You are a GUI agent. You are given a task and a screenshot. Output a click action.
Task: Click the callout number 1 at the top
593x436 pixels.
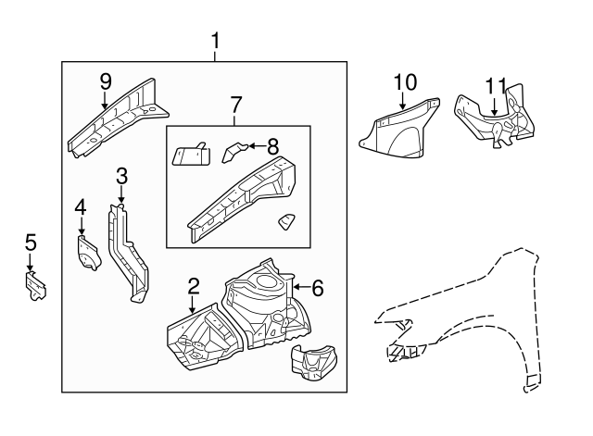215,41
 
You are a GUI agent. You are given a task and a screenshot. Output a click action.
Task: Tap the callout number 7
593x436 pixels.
235,105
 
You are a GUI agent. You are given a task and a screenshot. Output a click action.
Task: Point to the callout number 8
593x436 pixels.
272,144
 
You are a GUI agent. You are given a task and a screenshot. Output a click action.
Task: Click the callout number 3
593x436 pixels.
120,176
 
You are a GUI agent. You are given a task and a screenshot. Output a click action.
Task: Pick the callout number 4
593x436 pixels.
81,207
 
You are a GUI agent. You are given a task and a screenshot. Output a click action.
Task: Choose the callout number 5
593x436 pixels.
31,243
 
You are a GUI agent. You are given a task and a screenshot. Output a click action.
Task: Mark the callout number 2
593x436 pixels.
193,286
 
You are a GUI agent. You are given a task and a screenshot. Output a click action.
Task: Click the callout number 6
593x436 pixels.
317,288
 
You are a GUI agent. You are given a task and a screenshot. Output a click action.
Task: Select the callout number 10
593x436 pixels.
404,82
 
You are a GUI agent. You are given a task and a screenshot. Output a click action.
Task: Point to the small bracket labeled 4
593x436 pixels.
87,253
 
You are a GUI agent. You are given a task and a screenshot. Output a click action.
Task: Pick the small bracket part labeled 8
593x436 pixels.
237,150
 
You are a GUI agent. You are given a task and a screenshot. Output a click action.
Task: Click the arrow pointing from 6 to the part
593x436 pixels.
300,288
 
